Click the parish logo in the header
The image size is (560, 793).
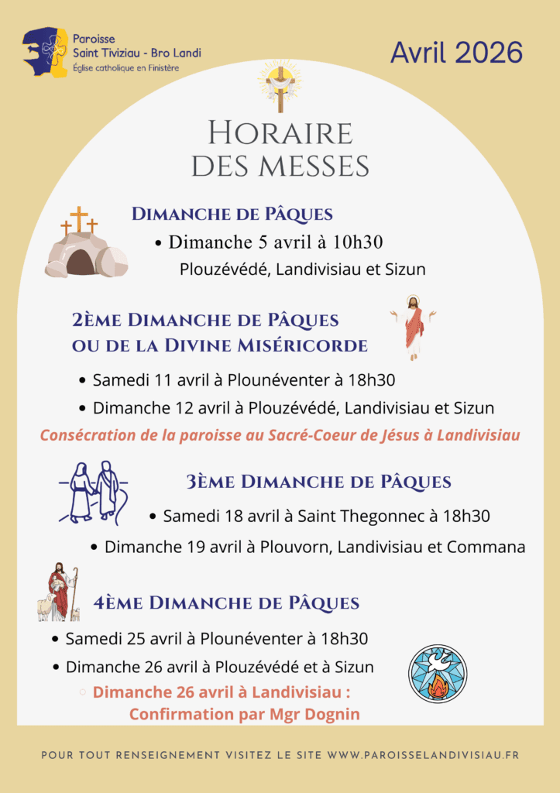[46, 51]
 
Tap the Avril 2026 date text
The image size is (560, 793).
[456, 53]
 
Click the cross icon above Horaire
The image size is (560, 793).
[280, 87]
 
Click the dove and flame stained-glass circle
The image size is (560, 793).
[438, 673]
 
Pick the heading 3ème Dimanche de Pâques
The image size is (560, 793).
[318, 482]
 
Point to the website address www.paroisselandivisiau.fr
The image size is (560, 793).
[423, 754]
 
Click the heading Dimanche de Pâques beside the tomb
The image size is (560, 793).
[232, 215]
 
